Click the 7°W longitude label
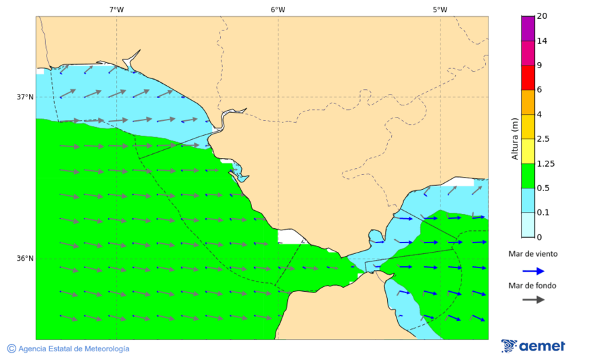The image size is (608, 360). click(116, 9)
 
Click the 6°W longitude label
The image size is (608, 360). click(278, 9)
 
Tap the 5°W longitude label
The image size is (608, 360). click(440, 9)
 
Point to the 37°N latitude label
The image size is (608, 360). click(25, 97)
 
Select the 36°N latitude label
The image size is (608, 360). click(25, 258)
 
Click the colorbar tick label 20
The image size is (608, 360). click(542, 16)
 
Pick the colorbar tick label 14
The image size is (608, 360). click(542, 41)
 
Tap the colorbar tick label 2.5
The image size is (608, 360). click(542, 139)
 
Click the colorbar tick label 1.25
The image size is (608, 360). click(544, 163)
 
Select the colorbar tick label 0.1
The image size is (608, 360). click(542, 213)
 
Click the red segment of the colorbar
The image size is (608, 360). click(528, 77)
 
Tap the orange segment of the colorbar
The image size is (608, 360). click(528, 102)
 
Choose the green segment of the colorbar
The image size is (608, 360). click(528, 176)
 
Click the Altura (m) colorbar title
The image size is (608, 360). click(515, 139)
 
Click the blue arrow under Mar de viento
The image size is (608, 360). click(533, 271)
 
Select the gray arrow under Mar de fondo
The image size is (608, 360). click(533, 299)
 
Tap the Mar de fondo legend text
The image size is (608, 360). click(533, 286)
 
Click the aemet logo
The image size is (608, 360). click(533, 346)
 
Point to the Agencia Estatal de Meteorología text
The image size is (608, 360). click(74, 349)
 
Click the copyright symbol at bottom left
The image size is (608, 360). click(11, 349)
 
